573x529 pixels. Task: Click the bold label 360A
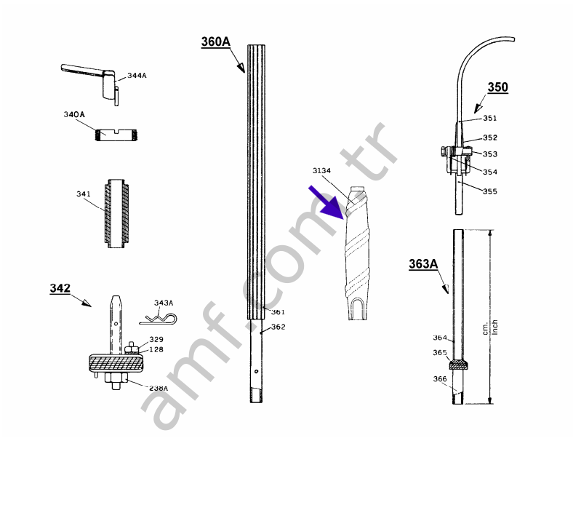[x=216, y=42]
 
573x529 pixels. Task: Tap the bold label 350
[x=497, y=87]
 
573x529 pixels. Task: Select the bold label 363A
[x=423, y=264]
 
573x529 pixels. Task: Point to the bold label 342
[x=60, y=288]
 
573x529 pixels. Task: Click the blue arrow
[x=326, y=202]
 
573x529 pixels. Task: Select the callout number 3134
[x=321, y=171]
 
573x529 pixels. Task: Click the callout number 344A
[x=137, y=76]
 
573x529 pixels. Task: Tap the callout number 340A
[x=74, y=114]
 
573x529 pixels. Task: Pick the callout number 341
[x=84, y=194]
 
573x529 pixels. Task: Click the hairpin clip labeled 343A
[x=158, y=319]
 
